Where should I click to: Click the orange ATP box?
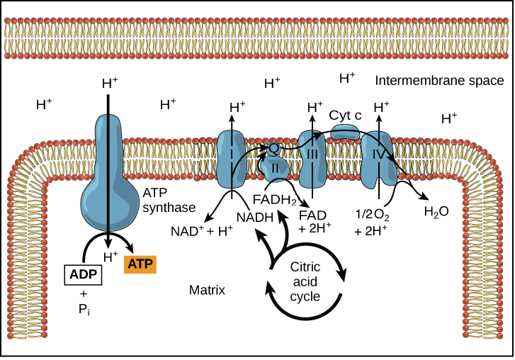(x=140, y=264)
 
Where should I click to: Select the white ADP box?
(x=84, y=274)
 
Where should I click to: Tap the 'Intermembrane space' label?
(x=438, y=81)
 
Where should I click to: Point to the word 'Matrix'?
(x=207, y=290)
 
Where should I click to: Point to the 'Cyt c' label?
(x=345, y=114)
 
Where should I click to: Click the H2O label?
(x=436, y=211)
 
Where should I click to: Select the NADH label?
(x=255, y=217)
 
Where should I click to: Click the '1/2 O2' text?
(x=373, y=213)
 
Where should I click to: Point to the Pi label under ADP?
(x=84, y=310)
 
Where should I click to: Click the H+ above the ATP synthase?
(x=110, y=83)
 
